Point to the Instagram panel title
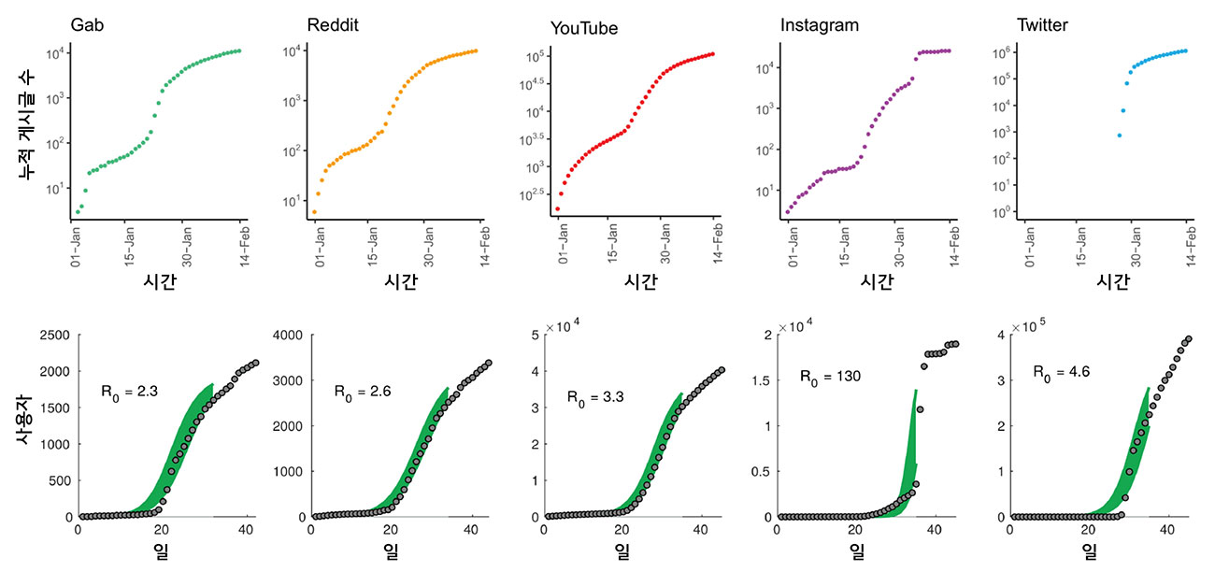pos(819,25)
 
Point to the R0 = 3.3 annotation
pos(595,396)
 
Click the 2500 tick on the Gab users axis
pos(51,335)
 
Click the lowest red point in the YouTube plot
pos(557,208)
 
